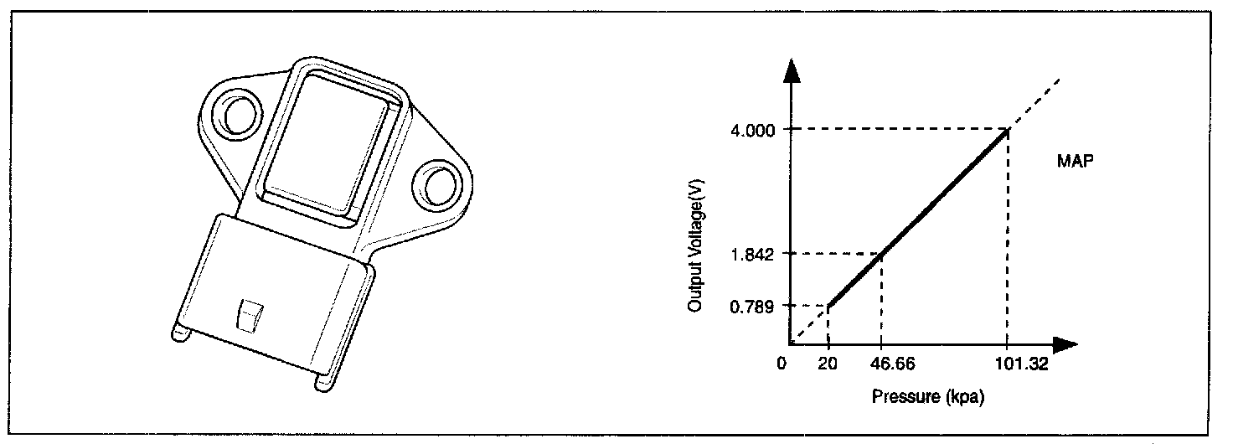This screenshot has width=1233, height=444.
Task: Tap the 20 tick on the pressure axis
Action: click(x=828, y=364)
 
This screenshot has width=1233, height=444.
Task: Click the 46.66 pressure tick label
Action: click(x=892, y=364)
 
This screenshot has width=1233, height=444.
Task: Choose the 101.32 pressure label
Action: click(x=1022, y=364)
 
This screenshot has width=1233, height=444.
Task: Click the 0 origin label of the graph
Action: click(x=782, y=364)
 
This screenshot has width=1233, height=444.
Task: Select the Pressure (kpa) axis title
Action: click(x=927, y=396)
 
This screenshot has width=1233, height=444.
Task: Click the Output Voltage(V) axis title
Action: click(x=696, y=245)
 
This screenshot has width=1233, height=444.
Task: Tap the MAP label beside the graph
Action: click(x=1075, y=161)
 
